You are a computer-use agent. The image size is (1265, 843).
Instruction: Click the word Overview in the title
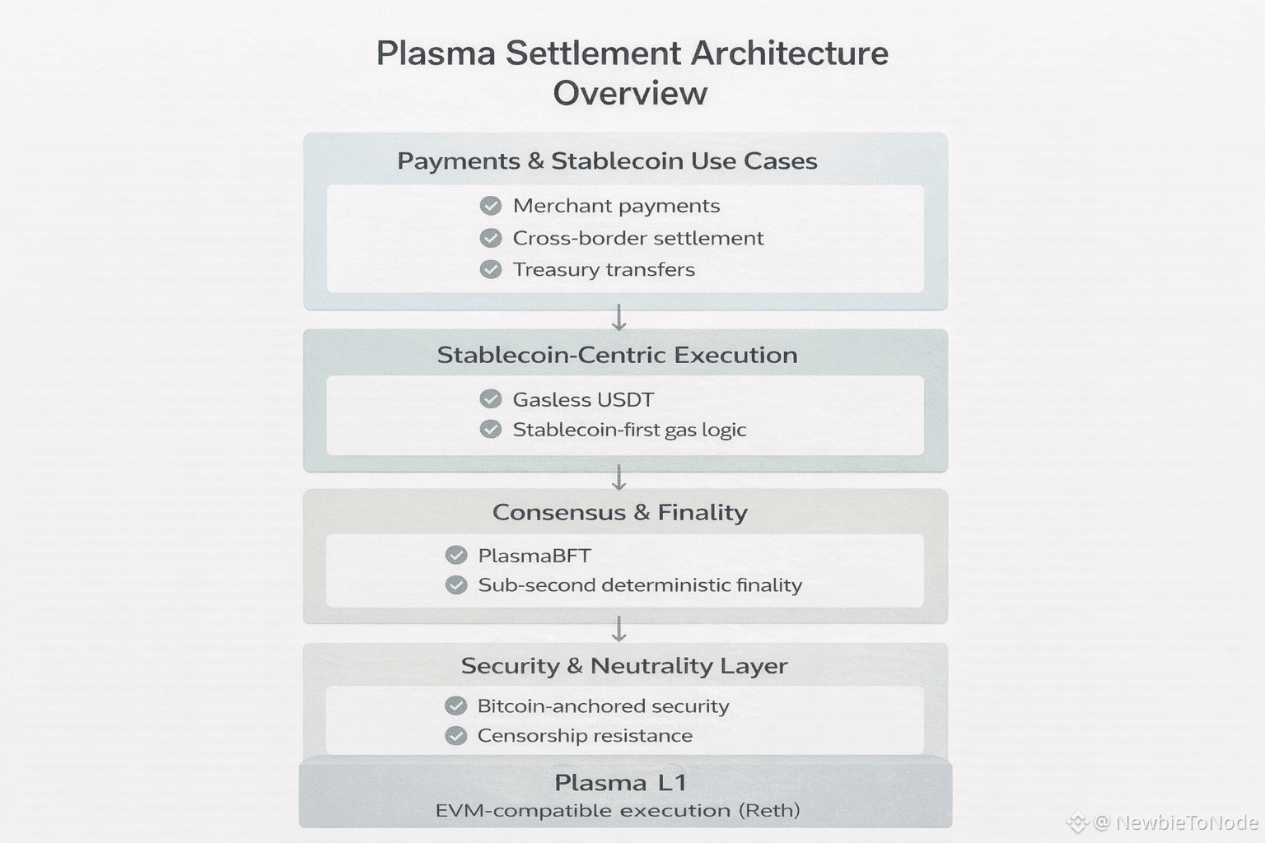pyautogui.click(x=630, y=93)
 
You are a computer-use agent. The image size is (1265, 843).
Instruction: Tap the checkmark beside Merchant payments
pyautogui.click(x=491, y=206)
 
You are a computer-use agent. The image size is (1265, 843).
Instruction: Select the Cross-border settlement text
pyautogui.click(x=637, y=238)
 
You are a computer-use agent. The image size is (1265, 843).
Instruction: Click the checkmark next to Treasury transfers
pyautogui.click(x=491, y=269)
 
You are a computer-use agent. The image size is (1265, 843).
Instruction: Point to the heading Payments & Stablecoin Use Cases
pyautogui.click(x=607, y=161)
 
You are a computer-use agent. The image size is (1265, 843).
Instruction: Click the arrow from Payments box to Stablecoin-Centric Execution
pyautogui.click(x=619, y=318)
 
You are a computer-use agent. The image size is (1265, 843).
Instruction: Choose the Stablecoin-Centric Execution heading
pyautogui.click(x=617, y=355)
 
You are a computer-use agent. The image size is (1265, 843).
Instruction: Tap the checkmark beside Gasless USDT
pyautogui.click(x=491, y=399)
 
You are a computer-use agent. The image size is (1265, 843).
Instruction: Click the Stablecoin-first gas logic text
pyautogui.click(x=629, y=430)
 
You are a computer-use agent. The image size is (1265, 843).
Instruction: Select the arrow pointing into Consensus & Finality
pyautogui.click(x=619, y=477)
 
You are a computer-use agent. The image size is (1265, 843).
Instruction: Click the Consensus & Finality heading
pyautogui.click(x=619, y=512)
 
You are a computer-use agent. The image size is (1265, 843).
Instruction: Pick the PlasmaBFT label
pyautogui.click(x=534, y=556)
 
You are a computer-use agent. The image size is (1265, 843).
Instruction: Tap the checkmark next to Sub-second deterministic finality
pyautogui.click(x=456, y=585)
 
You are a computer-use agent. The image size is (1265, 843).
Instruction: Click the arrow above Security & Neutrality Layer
pyautogui.click(x=619, y=629)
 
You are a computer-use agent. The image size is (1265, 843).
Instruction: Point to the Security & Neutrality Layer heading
pyautogui.click(x=623, y=665)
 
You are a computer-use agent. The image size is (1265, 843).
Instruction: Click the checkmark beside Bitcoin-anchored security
pyautogui.click(x=456, y=706)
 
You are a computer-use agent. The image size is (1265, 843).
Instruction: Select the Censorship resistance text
pyautogui.click(x=585, y=735)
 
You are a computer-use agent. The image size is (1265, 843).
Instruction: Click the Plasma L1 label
pyautogui.click(x=620, y=782)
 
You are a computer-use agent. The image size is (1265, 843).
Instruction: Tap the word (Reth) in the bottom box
pyautogui.click(x=768, y=810)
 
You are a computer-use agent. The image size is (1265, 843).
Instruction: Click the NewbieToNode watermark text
pyautogui.click(x=1186, y=822)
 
